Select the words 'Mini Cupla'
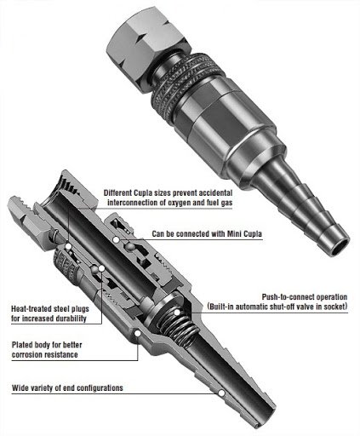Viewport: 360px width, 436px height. pyautogui.click(x=244, y=234)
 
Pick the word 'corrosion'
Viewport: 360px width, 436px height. pyautogui.click(x=28, y=355)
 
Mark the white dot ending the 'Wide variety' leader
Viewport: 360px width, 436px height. pyautogui.click(x=221, y=393)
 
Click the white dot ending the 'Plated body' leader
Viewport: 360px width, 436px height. pyautogui.click(x=137, y=334)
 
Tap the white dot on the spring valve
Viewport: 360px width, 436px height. pyautogui.click(x=177, y=313)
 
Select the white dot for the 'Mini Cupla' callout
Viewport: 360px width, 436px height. pyautogui.click(x=116, y=240)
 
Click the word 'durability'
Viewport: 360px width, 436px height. pyautogui.click(x=71, y=318)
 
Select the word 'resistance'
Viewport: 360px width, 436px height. pyautogui.click(x=61, y=355)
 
